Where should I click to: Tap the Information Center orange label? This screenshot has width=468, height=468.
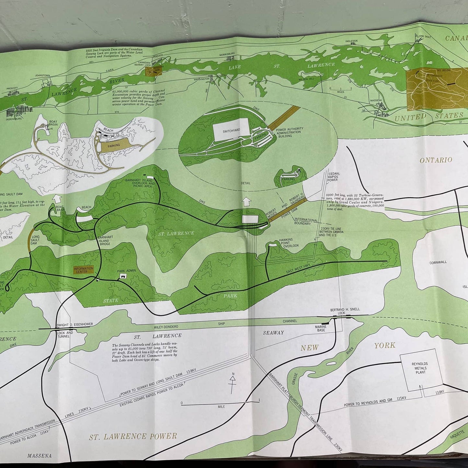click(x=83, y=270)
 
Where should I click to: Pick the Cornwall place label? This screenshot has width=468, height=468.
click(x=438, y=262)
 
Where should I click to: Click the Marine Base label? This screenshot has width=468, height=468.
click(x=320, y=328)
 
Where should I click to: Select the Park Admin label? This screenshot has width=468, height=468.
click(x=127, y=270)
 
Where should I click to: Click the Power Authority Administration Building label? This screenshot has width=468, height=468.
click(x=289, y=132)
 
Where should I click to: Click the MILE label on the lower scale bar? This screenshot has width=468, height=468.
click(x=222, y=406)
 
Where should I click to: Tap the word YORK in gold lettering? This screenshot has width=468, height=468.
click(x=385, y=345)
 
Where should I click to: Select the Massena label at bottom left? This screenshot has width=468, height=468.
click(x=39, y=456)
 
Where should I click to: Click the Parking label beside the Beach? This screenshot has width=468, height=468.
click(x=114, y=145)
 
